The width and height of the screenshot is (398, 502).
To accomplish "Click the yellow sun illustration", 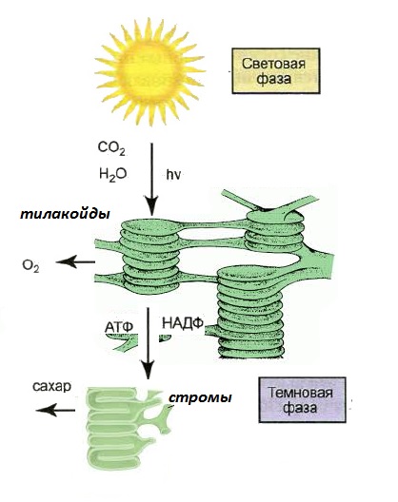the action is click(149, 71).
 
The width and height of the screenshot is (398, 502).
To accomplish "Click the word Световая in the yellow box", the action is click(273, 64).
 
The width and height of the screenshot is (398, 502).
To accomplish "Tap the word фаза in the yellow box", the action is click(273, 79).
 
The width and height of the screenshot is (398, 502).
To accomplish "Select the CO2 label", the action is click(111, 148).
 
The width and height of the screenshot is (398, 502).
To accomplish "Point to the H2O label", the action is click(113, 175).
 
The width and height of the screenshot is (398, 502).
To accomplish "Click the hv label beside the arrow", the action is click(173, 175).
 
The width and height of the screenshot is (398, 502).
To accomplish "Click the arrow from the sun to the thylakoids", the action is click(151, 180).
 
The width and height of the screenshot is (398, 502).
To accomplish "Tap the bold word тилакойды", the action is click(65, 214).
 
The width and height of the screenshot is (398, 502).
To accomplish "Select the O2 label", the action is click(30, 266).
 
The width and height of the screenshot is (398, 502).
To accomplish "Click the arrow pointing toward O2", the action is click(75, 261).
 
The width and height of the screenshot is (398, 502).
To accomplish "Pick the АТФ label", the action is click(119, 327).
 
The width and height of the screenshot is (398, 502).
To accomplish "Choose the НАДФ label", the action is click(183, 323).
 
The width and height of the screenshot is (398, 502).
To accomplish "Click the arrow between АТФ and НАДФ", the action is click(149, 343).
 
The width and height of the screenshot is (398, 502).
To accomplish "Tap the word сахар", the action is click(51, 386).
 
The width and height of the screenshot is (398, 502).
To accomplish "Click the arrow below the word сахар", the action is click(55, 410).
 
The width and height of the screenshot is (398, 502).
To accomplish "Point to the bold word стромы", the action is click(200, 398).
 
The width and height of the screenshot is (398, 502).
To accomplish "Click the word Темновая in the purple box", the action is click(301, 393).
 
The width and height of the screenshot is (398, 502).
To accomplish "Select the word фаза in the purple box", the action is click(301, 408).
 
